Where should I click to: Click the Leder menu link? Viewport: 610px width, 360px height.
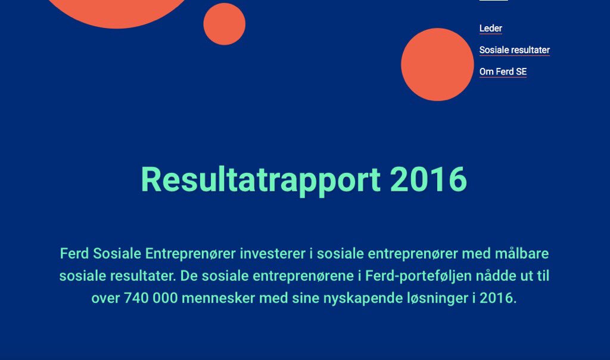pyautogui.click(x=490, y=29)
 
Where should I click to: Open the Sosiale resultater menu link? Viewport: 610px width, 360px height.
pyautogui.click(x=514, y=50)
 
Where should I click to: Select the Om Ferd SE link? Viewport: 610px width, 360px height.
pyautogui.click(x=503, y=72)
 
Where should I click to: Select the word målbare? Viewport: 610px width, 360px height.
pyautogui.click(x=522, y=254)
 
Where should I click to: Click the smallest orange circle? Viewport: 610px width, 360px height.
pyautogui.click(x=224, y=24)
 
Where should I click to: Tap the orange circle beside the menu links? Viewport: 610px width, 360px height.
pyautogui.click(x=437, y=64)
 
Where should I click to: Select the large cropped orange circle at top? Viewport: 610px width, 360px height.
pyautogui.click(x=118, y=11)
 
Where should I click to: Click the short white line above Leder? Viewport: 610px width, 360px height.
pyautogui.click(x=493, y=1)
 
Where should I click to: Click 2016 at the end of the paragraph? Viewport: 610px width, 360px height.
pyautogui.click(x=496, y=298)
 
